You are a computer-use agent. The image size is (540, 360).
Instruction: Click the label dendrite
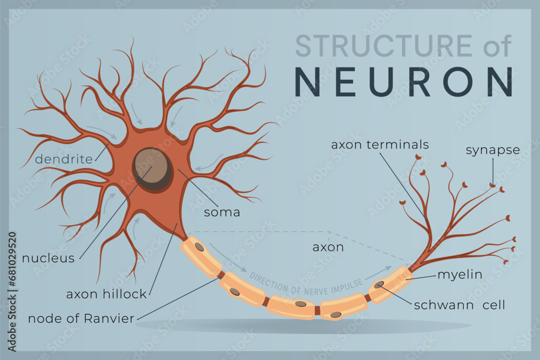tap(64, 159)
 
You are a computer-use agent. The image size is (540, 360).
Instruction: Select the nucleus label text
tap(48, 258)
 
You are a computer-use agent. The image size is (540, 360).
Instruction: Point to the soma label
tap(222, 212)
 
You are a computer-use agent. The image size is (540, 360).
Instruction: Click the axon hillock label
tap(106, 294)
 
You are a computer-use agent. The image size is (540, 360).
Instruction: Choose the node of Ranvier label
tap(80, 318)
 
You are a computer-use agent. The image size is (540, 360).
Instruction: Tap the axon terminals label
tap(380, 145)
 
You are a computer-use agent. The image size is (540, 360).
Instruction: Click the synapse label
tap(492, 150)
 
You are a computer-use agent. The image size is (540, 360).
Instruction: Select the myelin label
tap(460, 275)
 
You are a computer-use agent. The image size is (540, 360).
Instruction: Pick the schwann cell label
tap(460, 305)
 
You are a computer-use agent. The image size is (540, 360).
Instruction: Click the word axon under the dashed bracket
tap(328, 247)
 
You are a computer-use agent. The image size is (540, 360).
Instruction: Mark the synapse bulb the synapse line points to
tap(492, 186)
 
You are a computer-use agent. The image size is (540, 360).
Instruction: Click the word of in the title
tap(497, 46)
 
